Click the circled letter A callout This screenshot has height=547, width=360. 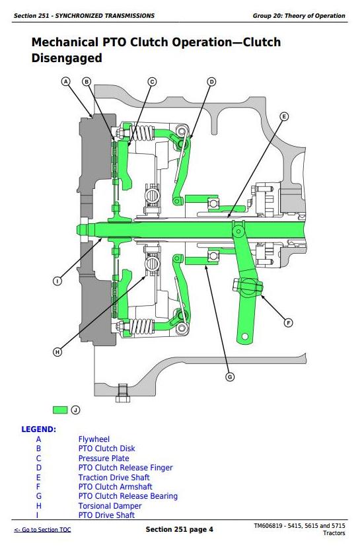point(65,82)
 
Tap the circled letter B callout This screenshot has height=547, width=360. point(86,82)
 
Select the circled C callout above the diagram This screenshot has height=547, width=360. point(152,82)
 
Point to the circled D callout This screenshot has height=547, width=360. point(212,82)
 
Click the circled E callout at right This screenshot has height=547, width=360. point(284,116)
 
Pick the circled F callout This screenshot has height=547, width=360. point(288,323)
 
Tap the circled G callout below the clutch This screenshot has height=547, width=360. point(229,377)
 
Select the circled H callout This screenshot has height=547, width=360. point(57,352)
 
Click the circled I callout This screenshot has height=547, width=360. point(57,281)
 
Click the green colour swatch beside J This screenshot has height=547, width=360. point(60,410)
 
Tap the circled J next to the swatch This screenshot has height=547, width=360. point(75,410)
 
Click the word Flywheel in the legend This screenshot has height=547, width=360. point(94,439)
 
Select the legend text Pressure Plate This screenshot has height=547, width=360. point(104,458)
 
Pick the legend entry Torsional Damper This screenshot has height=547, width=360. point(110,506)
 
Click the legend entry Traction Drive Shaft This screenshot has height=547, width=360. point(114,477)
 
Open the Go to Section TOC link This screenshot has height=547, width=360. point(42,530)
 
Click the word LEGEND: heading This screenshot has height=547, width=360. point(39,429)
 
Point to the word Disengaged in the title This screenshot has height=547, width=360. point(67,58)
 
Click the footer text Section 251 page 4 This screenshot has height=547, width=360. point(179,530)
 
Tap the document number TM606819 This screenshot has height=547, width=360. point(269,526)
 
